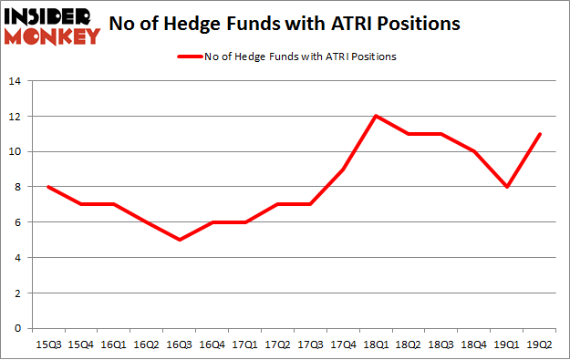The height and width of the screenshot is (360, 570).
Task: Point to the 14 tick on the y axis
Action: [15, 81]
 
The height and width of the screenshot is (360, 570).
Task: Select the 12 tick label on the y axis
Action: [15, 117]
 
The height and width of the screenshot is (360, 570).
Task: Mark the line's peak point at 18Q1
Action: [375, 116]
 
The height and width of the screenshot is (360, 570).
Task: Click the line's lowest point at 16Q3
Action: [180, 240]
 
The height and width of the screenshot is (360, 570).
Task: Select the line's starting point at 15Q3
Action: [48, 187]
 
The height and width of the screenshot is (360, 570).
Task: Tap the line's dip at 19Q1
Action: [505, 187]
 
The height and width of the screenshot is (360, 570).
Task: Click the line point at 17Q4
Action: [342, 169]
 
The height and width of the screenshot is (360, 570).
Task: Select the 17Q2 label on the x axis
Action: [275, 345]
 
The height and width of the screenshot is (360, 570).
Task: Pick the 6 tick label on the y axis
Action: [17, 222]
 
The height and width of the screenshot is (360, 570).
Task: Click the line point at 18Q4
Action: [472, 151]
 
